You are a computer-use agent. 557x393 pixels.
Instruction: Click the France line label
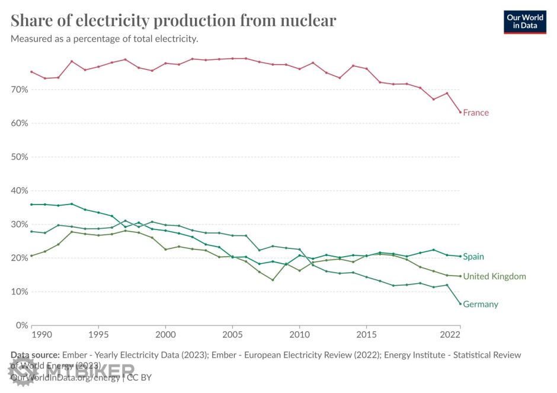[x=476, y=113]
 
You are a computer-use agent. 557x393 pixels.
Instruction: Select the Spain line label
[x=473, y=257]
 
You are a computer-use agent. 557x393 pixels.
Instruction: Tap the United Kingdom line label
[x=494, y=276]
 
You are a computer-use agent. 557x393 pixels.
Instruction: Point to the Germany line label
[x=481, y=304]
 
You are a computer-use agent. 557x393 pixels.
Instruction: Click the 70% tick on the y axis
[x=20, y=90]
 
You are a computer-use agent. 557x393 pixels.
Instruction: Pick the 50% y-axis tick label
[x=20, y=157]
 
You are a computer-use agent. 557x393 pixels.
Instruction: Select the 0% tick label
[x=22, y=325]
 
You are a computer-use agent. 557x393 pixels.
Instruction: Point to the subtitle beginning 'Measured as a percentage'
[x=104, y=39]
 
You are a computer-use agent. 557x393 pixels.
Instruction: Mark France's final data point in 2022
[x=460, y=112]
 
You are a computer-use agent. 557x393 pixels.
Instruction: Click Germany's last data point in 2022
[x=460, y=304]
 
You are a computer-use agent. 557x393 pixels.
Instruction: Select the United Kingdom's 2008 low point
[x=273, y=280]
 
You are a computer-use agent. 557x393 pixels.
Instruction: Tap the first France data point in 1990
[x=31, y=72]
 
